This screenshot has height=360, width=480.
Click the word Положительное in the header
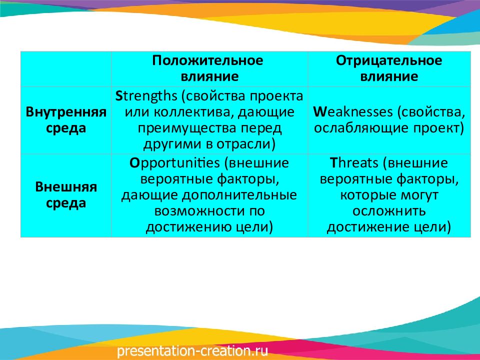pyautogui.click(x=207, y=60)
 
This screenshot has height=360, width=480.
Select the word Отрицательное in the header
pyautogui.click(x=389, y=60)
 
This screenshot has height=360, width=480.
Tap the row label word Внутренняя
pyautogui.click(x=66, y=111)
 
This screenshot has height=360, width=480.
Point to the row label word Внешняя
pyautogui.click(x=66, y=186)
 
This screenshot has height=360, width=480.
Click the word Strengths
pyautogui.click(x=146, y=96)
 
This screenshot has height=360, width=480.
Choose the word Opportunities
pyautogui.click(x=174, y=163)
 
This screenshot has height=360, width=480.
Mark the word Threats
pyautogui.click(x=354, y=163)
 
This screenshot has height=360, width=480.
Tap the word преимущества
pyautogui.click(x=186, y=128)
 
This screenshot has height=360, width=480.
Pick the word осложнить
pyautogui.click(x=389, y=211)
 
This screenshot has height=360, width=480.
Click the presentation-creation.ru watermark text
pyautogui.click(x=192, y=351)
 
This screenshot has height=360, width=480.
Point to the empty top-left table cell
pyautogui.click(x=66, y=69)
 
